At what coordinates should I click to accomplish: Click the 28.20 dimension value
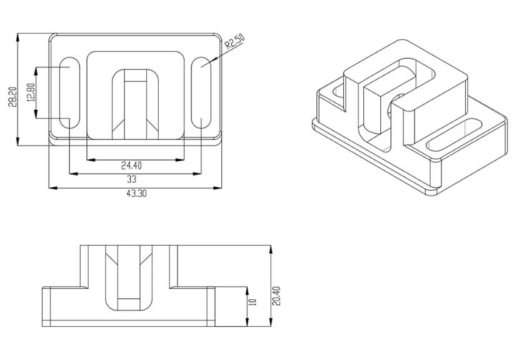[13, 97]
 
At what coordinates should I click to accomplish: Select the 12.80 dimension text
[31, 92]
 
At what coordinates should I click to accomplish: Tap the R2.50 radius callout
[235, 42]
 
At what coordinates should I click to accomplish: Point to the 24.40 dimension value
[131, 166]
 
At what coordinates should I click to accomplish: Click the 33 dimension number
[131, 179]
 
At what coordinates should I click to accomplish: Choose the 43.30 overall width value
[136, 193]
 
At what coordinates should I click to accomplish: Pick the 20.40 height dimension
[277, 296]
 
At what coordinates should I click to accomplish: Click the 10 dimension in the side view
[253, 302]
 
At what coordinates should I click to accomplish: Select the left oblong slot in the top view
[69, 92]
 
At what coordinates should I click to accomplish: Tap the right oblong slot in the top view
[201, 92]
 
